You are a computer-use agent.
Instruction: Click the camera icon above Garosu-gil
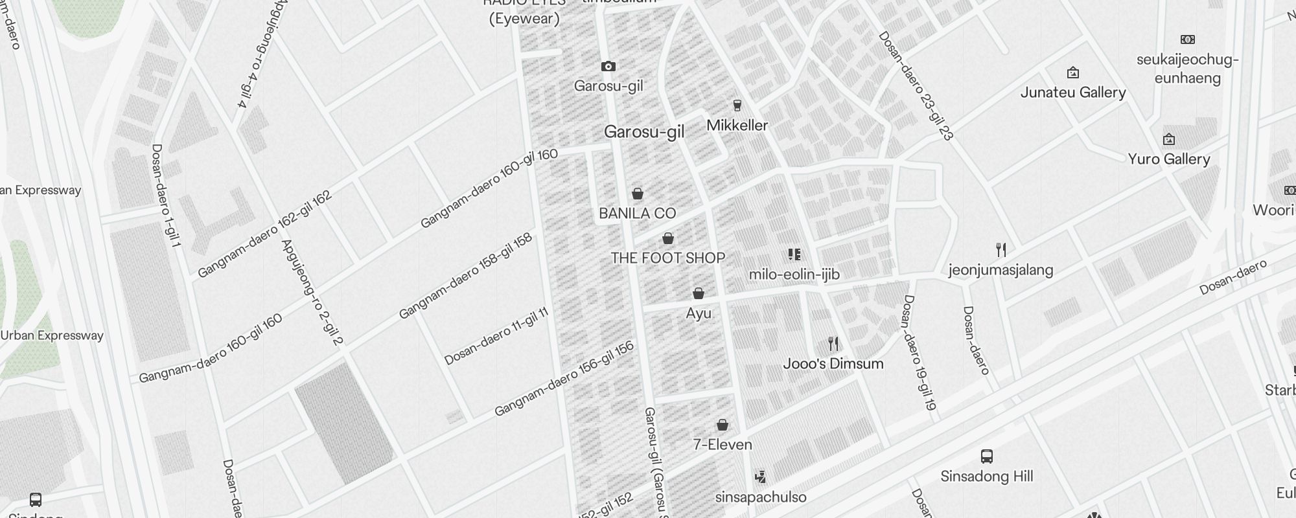click(608, 66)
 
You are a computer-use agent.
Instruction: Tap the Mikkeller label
click(737, 125)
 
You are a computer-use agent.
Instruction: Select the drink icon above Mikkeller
click(737, 105)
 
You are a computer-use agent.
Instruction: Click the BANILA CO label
click(637, 213)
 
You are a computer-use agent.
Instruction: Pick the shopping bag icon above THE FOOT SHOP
click(668, 238)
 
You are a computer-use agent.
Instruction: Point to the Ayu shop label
click(699, 313)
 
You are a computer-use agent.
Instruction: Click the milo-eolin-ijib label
click(794, 275)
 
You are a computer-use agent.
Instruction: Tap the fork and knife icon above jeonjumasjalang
click(1001, 249)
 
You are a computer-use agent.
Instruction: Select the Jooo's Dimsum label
click(833, 363)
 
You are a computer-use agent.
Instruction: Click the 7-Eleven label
click(723, 445)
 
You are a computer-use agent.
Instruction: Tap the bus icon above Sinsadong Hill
click(986, 456)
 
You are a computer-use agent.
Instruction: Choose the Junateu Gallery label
click(1073, 93)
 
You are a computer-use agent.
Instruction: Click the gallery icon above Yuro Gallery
click(1169, 139)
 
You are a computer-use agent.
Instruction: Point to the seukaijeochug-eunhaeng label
click(1188, 69)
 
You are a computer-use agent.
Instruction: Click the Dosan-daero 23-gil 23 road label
click(916, 85)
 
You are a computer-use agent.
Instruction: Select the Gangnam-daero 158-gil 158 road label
click(466, 276)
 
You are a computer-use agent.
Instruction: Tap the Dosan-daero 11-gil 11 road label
click(496, 336)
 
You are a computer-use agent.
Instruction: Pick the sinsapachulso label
click(761, 497)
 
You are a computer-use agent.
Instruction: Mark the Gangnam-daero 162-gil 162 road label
click(264, 234)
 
